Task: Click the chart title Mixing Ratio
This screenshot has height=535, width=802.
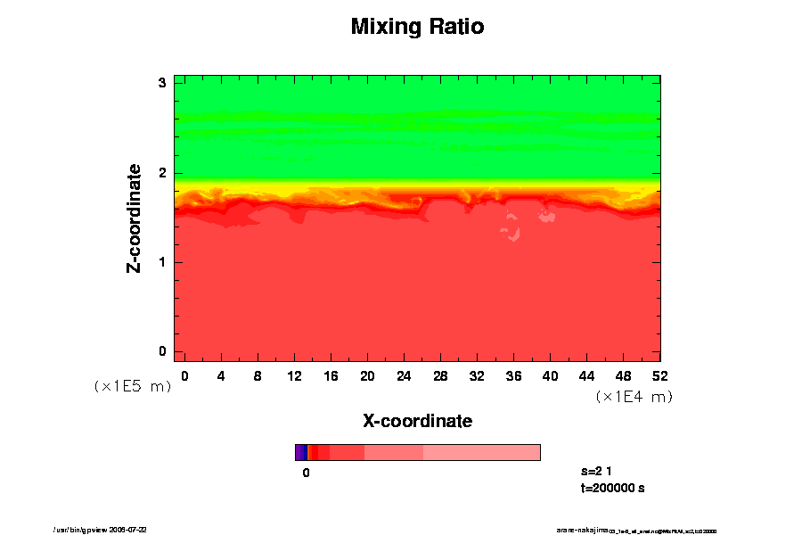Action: [417, 27]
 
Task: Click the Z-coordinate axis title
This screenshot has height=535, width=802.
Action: [135, 218]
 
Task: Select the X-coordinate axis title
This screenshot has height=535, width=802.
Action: [417, 420]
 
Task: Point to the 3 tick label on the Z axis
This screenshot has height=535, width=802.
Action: [163, 83]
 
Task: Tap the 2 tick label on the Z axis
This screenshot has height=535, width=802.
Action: [163, 173]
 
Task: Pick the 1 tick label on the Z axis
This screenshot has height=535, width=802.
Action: [163, 262]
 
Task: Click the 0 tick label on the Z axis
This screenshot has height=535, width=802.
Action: [163, 351]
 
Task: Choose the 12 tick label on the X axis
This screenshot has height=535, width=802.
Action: [294, 375]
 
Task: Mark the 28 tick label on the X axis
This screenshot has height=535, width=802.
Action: [440, 375]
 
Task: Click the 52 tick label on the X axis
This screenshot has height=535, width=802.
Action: [660, 375]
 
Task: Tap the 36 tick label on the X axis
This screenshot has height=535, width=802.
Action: [513, 375]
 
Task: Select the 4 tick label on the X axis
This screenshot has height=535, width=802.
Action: [221, 375]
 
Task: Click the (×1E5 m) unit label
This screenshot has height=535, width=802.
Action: [132, 387]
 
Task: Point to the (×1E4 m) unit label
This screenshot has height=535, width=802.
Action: [634, 397]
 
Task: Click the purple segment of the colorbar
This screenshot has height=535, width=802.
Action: [300, 452]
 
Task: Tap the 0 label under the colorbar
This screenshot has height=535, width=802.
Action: [306, 473]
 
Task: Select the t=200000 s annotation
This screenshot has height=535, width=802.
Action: [612, 488]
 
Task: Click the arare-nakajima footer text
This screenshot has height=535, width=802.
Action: [636, 530]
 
